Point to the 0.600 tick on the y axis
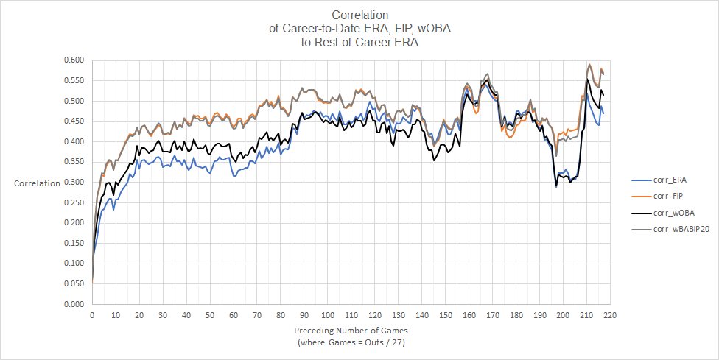75,60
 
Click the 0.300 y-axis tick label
75,182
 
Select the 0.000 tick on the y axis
75,304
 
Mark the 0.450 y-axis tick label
75,121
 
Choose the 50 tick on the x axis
210,315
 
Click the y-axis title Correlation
37,183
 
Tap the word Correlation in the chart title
360,15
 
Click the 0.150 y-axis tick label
75,243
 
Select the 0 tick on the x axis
92,315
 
